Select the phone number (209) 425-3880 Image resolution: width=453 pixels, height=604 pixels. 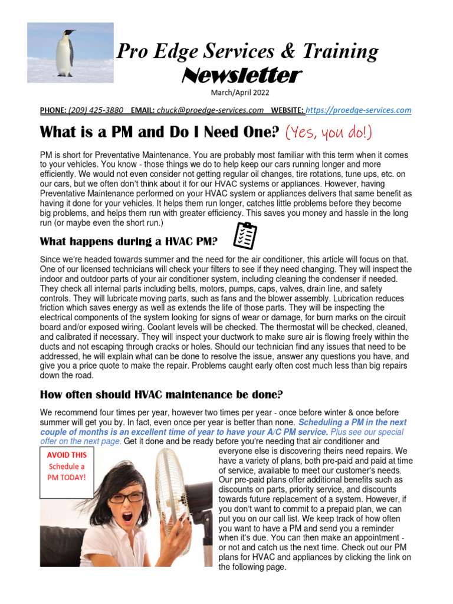[x=96, y=110]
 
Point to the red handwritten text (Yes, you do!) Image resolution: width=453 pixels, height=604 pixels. [x=329, y=132]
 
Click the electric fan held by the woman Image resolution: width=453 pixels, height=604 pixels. [x=180, y=501]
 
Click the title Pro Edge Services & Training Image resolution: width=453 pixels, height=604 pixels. [x=247, y=52]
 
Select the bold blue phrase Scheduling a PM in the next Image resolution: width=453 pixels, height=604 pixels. [x=353, y=423]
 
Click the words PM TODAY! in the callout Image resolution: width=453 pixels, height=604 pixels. [x=67, y=477]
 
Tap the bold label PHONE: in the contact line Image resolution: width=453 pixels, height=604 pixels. [x=53, y=110]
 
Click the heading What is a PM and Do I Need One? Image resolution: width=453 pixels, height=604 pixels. [x=159, y=132]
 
